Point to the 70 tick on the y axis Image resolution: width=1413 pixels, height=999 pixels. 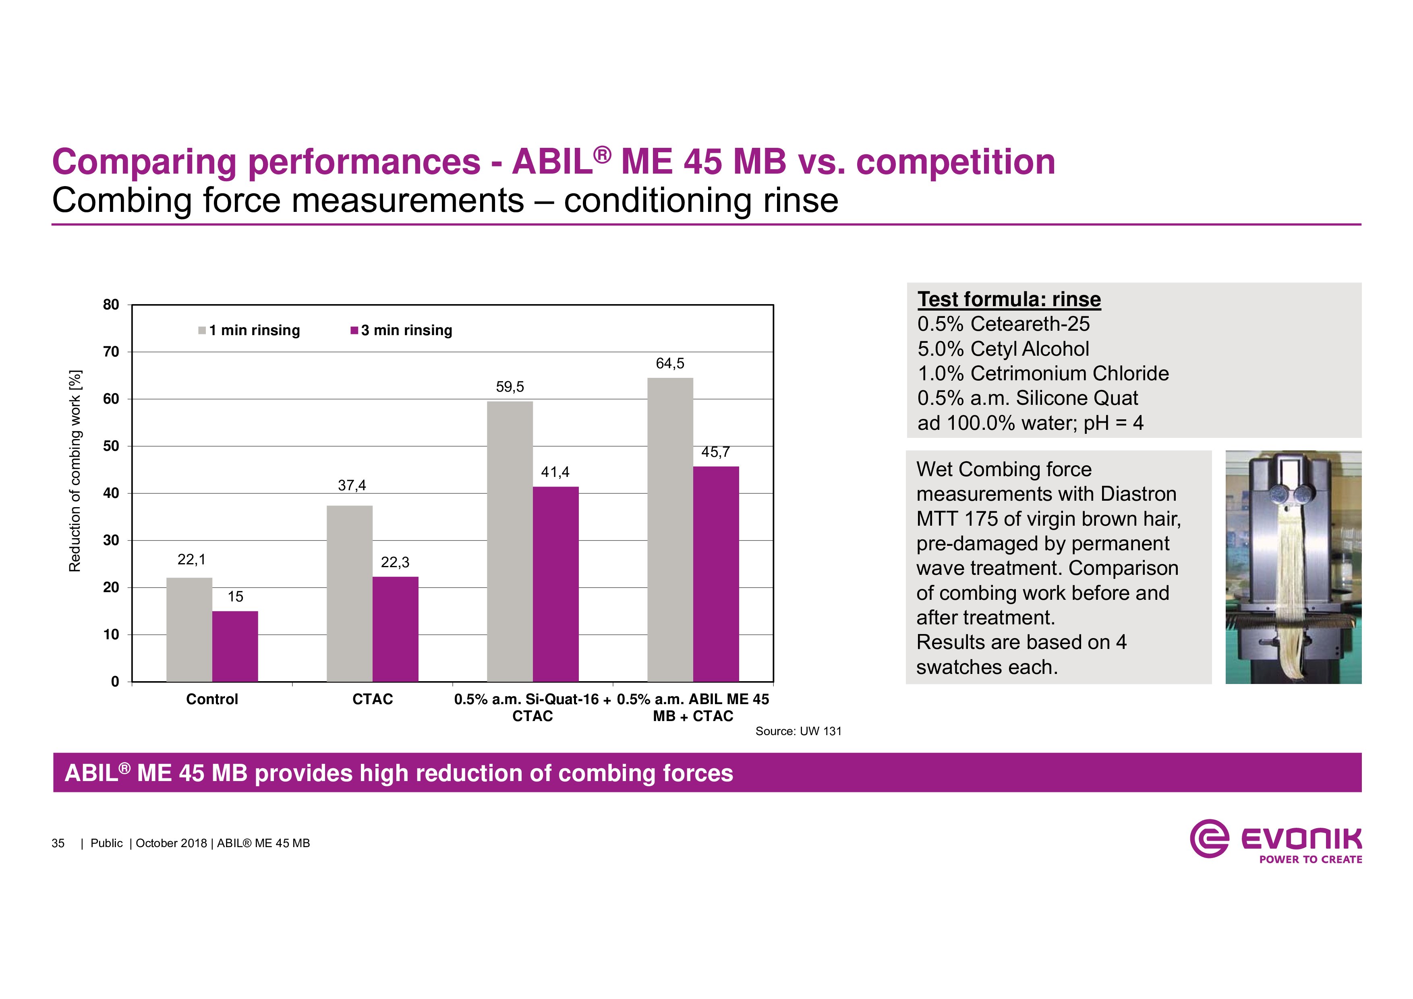point(112,352)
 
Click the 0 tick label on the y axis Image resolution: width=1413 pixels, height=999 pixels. point(115,682)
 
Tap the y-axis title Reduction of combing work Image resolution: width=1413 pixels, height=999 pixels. point(75,471)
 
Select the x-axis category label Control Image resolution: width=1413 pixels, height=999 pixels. point(212,699)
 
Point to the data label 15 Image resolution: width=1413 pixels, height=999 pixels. point(235,597)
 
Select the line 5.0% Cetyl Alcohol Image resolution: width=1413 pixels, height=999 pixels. point(1003,349)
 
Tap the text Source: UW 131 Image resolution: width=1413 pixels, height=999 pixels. point(798,731)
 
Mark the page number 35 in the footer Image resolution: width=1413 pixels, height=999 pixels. point(58,843)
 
